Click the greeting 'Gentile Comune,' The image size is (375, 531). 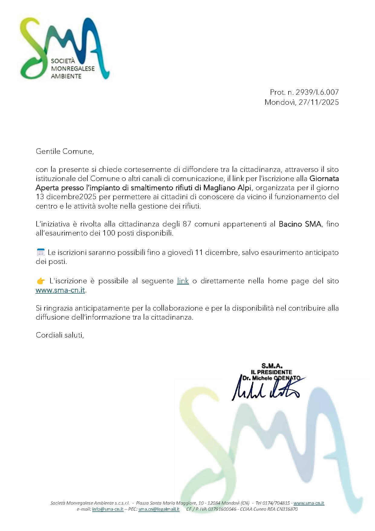[x=65, y=151]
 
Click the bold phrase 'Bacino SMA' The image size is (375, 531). [x=300, y=224]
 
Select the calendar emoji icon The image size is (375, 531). [x=41, y=252]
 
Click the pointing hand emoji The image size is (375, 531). [x=41, y=281]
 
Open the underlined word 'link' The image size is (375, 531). [x=183, y=281]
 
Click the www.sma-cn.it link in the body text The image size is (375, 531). [x=60, y=290]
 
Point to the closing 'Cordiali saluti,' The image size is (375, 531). [x=60, y=335]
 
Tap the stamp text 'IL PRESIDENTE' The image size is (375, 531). [x=271, y=372]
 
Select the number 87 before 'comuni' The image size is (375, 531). [x=187, y=224]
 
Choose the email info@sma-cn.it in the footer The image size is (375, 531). [x=108, y=509]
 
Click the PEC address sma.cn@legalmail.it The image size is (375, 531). [x=159, y=509]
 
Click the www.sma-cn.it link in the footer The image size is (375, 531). [x=309, y=503]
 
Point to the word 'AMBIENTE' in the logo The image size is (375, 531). [x=66, y=76]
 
